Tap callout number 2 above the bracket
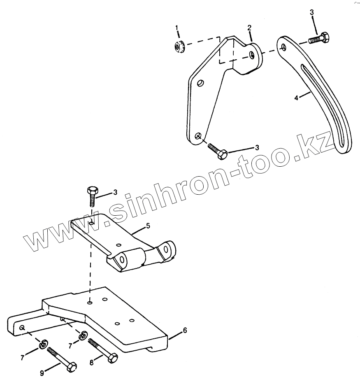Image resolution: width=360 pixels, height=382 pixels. click(x=249, y=28)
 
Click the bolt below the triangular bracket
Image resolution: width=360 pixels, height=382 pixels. click(x=217, y=151)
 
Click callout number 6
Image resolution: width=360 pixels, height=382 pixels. click(x=185, y=330)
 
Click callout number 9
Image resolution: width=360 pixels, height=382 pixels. click(x=42, y=373)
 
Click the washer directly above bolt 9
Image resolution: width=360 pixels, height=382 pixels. click(x=43, y=343)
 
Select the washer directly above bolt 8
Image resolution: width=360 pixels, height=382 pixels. click(x=84, y=335)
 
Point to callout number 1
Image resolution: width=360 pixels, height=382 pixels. click(x=177, y=28)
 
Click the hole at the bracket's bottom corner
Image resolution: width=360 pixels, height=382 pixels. click(x=198, y=135)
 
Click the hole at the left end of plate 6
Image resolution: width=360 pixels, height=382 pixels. click(x=21, y=327)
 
